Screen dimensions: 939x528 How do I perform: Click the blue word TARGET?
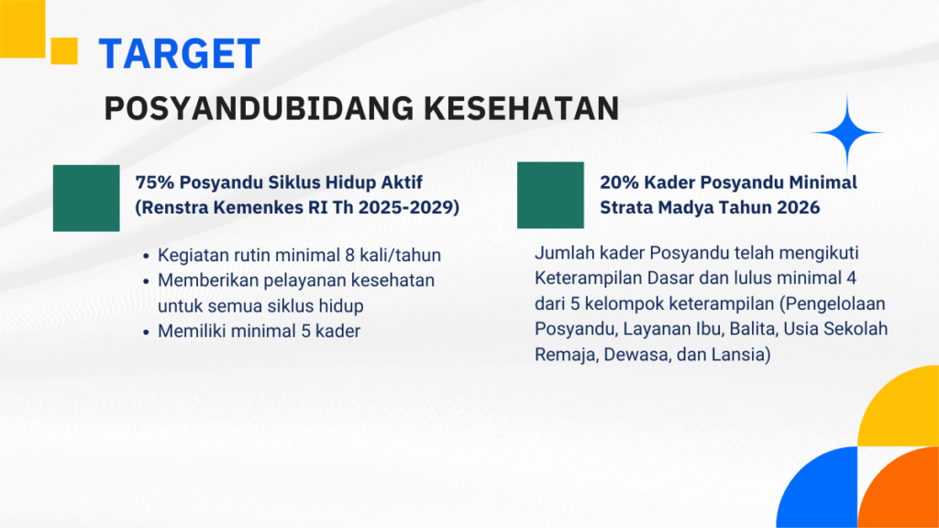(179, 54)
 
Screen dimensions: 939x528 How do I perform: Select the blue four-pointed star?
(846, 132)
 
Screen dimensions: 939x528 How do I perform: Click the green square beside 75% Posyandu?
(86, 198)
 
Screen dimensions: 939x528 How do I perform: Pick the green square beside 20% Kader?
(550, 195)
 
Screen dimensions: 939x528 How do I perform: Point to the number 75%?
(154, 182)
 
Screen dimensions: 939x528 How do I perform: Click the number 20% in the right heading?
(620, 182)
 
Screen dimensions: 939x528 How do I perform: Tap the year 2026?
(799, 207)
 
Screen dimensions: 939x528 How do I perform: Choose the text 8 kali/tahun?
(392, 255)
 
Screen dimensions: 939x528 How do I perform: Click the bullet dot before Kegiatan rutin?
(146, 257)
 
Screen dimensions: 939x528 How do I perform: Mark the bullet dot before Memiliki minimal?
(146, 332)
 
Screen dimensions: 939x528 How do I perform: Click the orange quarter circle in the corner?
(899, 488)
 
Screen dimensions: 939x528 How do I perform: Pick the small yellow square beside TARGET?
(64, 51)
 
